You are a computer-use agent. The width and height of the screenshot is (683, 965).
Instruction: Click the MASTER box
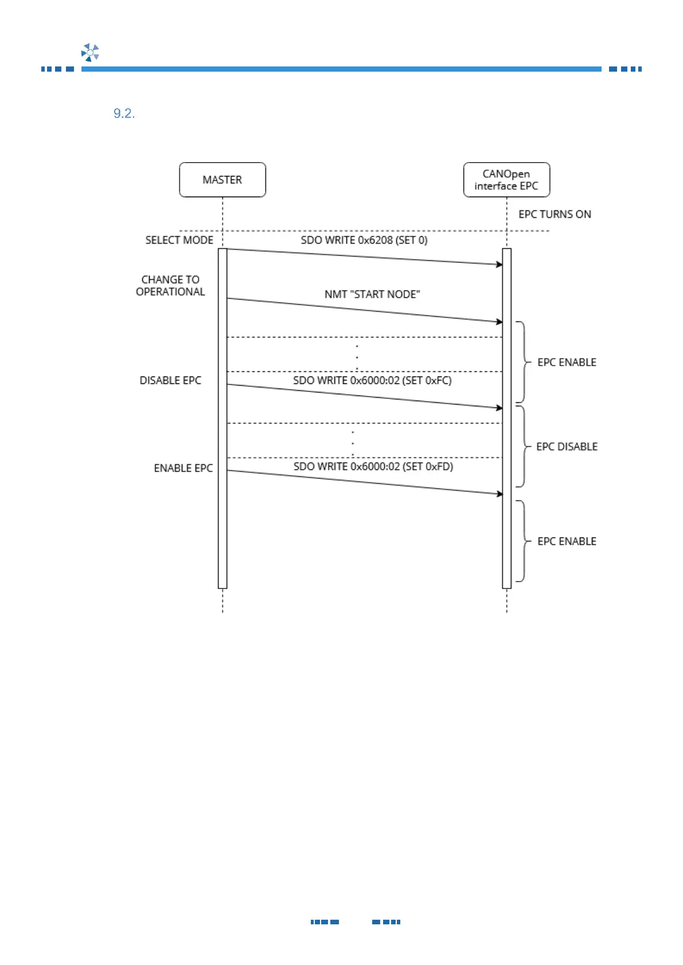pos(223,180)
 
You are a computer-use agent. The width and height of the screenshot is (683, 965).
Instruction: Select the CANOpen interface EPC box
pos(506,180)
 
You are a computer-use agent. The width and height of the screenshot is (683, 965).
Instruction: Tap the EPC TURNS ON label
pos(555,214)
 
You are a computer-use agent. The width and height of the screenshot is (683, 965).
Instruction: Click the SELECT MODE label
pos(179,240)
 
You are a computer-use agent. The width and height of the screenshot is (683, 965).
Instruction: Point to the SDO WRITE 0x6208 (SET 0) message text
pos(364,240)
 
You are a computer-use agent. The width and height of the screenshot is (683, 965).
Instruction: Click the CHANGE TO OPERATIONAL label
pos(170,285)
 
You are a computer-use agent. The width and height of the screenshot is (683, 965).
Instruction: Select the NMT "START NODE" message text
pos(372,295)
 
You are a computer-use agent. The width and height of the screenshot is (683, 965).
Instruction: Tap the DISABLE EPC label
pos(170,380)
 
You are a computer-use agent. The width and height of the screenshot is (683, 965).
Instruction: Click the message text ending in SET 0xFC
pos(372,380)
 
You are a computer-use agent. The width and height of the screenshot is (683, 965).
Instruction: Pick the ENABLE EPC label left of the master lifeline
pos(183,468)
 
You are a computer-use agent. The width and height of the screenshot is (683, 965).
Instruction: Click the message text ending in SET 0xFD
pos(373,466)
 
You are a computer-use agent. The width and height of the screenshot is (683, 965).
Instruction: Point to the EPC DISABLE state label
pos(567,446)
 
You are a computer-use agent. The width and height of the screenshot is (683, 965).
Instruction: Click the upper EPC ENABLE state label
pos(567,362)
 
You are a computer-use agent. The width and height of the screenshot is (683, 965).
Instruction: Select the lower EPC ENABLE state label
pos(567,542)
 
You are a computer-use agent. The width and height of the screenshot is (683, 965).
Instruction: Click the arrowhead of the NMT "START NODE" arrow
pos(499,322)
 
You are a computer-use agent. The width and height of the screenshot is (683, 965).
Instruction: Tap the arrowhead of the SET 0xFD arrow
pos(499,494)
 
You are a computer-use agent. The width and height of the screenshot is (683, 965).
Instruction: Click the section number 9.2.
pos(124,113)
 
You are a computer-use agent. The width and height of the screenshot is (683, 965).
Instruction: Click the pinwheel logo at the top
pos(90,52)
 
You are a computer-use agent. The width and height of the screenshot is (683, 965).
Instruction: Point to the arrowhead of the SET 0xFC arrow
pos(499,408)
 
